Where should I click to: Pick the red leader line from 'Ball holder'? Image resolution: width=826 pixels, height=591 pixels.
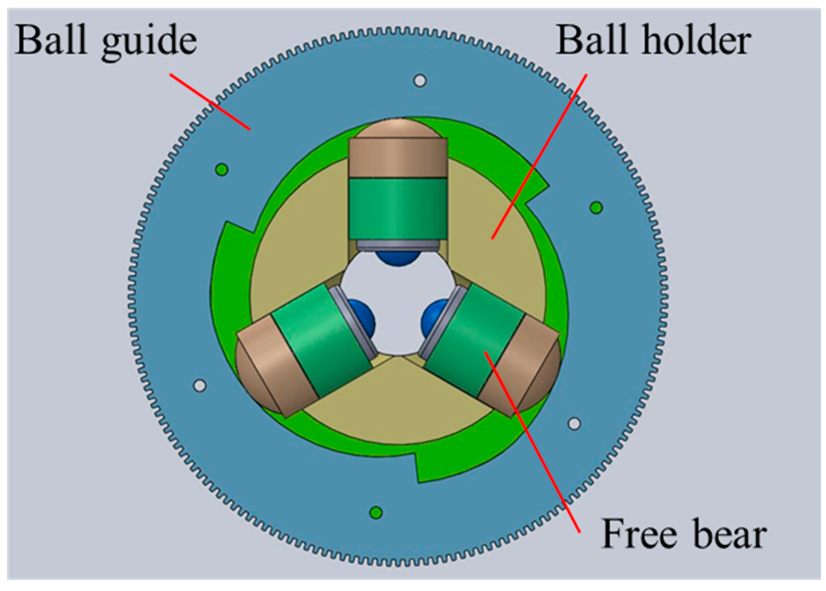539,157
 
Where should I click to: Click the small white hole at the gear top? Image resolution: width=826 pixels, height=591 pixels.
420,80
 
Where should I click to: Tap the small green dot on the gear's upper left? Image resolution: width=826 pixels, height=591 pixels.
222,169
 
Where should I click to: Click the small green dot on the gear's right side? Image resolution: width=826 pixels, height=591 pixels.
596,208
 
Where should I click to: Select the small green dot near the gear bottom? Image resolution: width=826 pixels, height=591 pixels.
376,513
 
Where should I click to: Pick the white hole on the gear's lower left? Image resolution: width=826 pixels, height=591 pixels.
200,385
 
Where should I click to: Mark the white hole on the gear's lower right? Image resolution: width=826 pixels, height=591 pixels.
574,424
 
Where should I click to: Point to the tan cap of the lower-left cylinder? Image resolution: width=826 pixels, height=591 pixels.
266,368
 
